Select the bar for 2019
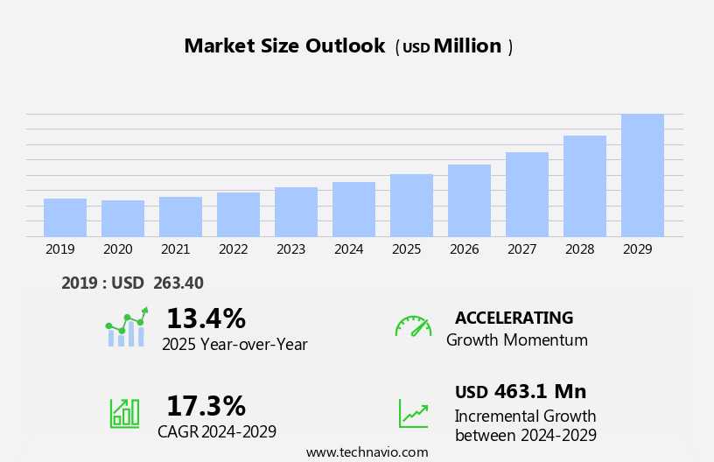65,218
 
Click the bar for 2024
353,210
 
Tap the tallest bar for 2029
642,176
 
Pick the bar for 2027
527,195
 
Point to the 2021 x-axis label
175,249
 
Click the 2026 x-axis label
464,249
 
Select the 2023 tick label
290,249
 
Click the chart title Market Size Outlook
284,46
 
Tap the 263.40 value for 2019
178,283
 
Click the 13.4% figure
206,318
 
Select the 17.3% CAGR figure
206,406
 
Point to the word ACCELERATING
514,318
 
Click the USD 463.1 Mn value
521,391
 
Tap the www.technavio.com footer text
367,452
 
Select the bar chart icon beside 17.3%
124,412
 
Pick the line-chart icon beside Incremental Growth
413,412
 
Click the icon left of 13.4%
126,327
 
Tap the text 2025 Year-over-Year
234,345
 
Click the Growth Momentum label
516,340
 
